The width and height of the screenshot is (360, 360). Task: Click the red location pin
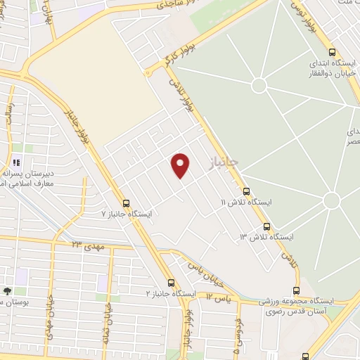pos(181,165)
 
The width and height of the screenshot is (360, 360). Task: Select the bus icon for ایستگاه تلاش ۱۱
pos(246,191)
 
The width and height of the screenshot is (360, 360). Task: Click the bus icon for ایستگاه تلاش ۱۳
pos(266,226)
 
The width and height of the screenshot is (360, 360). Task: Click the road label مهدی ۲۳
pos(86,244)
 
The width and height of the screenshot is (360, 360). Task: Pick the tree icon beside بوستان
pos(7,290)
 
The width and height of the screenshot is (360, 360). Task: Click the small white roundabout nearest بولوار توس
pos(259,85)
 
